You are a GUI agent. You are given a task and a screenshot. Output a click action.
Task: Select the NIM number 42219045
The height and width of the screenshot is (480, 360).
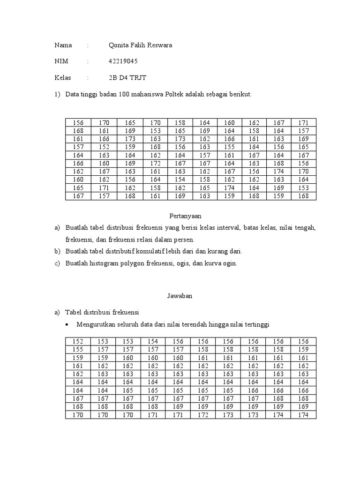pos(123,61)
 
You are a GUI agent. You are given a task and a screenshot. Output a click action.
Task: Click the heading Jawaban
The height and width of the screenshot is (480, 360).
pos(180,296)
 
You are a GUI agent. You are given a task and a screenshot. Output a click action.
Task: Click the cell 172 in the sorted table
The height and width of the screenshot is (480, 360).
pos(204,415)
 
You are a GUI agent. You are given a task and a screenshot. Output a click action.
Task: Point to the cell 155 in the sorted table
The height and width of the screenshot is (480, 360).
pos(78,349)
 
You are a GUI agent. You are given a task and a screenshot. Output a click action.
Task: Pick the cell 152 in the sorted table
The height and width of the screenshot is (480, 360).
pos(78,342)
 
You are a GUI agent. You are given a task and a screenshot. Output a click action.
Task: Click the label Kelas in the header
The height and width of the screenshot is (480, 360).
pos(63,77)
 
